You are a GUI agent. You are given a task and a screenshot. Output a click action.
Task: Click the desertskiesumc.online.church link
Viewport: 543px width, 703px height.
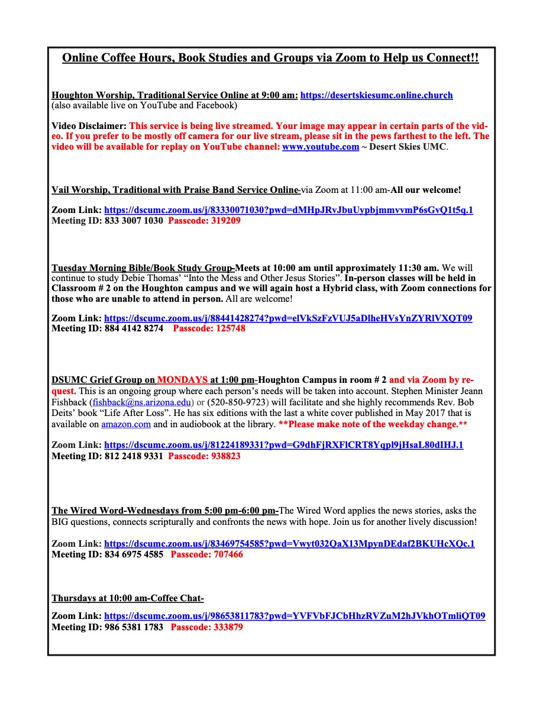[x=376, y=95]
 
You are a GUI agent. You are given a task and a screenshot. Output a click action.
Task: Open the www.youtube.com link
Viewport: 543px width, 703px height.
[x=320, y=147]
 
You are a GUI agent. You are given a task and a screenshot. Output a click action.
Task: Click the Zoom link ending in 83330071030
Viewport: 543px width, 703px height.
[x=289, y=210]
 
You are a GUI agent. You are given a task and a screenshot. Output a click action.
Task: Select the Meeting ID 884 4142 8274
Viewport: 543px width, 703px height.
[x=107, y=328]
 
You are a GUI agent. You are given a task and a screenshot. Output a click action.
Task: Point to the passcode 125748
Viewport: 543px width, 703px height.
[x=209, y=328]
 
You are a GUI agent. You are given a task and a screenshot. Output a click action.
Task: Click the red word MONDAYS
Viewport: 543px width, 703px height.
[x=182, y=380]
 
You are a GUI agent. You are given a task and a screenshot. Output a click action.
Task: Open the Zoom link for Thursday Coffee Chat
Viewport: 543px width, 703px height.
[x=295, y=616]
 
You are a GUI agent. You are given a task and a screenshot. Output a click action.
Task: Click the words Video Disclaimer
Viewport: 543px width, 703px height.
[x=89, y=126]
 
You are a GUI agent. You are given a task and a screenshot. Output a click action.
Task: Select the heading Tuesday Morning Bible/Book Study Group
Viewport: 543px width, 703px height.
[x=143, y=268]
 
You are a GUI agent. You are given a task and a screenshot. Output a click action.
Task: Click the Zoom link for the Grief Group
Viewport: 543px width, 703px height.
[x=284, y=445]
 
